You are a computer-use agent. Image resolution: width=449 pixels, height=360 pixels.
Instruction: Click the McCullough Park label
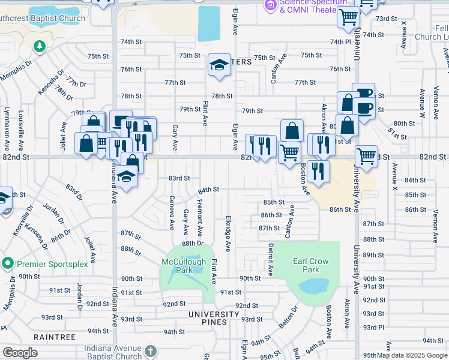coord(184,266)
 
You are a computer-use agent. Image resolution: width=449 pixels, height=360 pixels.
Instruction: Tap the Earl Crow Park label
coord(306,265)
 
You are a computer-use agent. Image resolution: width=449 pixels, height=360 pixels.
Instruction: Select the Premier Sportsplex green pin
coord(8,263)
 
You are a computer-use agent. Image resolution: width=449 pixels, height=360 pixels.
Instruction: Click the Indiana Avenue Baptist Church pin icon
coord(150,350)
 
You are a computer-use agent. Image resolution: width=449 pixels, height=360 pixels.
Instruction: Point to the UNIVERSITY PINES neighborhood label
coord(214,314)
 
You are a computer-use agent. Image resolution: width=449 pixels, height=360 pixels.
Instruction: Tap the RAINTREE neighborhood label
coord(55,337)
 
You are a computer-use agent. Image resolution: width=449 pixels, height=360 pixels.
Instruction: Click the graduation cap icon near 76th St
coord(219,65)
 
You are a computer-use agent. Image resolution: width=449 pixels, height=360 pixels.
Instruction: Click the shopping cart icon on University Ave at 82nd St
coord(366,157)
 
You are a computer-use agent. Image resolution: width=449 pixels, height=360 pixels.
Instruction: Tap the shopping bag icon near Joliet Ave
coord(86,143)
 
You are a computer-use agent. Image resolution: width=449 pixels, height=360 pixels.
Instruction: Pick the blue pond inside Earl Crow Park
coord(313,285)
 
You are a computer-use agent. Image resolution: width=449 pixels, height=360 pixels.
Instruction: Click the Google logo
coord(20,352)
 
